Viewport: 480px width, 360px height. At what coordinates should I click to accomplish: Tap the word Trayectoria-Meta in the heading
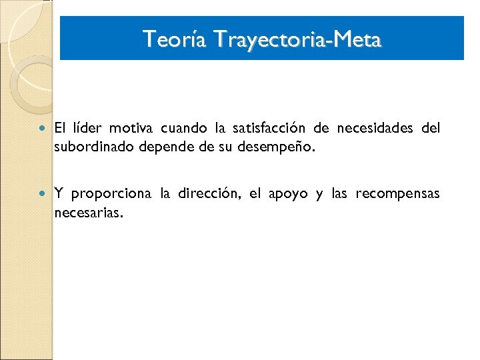(x=297, y=39)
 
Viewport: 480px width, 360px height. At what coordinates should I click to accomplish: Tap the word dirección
(x=207, y=194)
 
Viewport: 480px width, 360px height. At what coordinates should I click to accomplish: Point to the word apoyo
(x=288, y=194)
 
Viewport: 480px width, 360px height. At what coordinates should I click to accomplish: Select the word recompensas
(x=397, y=194)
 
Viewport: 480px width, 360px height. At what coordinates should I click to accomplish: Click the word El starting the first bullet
(x=60, y=127)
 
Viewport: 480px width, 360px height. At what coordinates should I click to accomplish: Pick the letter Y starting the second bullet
(x=59, y=194)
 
